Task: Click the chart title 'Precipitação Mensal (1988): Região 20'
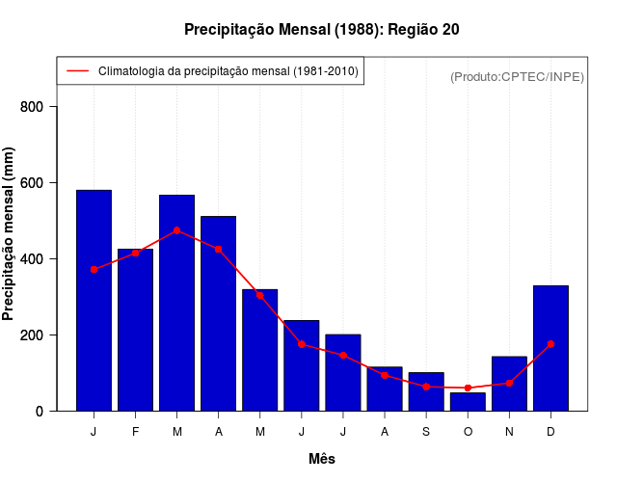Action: [x=321, y=30]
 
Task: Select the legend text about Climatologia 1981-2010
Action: [x=228, y=70]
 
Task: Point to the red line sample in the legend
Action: [x=77, y=70]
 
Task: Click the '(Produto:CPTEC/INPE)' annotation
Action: [x=517, y=76]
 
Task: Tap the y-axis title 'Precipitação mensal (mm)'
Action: [x=10, y=234]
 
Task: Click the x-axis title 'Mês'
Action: [x=321, y=459]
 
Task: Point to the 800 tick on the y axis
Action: [x=40, y=106]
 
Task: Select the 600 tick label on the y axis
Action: [x=40, y=182]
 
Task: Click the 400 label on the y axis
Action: [x=40, y=258]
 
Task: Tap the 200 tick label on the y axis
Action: [x=40, y=335]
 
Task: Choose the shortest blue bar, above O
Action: [x=468, y=402]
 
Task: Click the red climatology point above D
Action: [x=550, y=344]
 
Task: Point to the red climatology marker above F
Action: [x=135, y=253]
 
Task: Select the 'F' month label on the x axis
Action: [x=135, y=432]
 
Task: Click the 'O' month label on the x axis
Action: [x=468, y=432]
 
